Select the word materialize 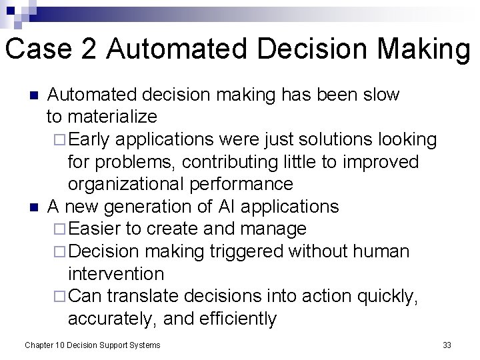(111, 117)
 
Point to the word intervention (115, 274)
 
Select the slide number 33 (447, 345)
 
